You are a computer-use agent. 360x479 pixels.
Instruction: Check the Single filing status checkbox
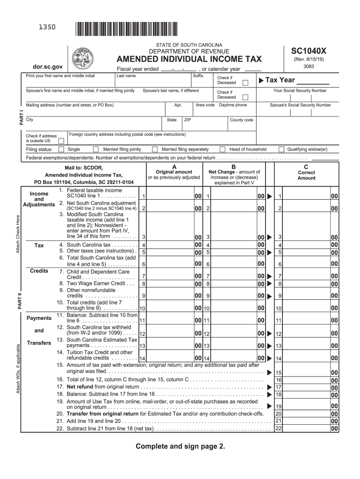[61, 150]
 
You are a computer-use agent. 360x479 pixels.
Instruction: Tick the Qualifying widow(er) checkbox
[281, 150]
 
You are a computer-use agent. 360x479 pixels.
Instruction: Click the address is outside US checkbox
[61, 140]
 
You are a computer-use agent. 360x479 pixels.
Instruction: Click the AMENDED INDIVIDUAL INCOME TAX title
[189, 59]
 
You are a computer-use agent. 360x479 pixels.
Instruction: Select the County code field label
[242, 120]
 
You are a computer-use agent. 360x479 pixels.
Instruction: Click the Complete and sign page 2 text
[180, 446]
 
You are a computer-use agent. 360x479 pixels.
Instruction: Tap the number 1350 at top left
[47, 28]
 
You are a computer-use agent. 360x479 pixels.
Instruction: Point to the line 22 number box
[278, 428]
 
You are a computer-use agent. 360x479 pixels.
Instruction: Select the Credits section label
[39, 271]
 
